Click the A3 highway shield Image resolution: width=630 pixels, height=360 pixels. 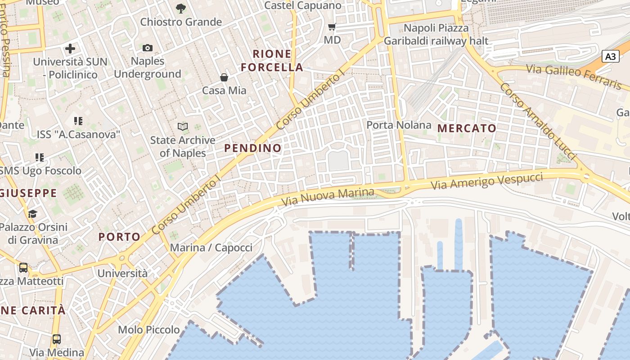click(611, 57)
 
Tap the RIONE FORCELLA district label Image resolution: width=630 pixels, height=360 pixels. click(272, 61)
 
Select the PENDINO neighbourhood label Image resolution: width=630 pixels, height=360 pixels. click(253, 148)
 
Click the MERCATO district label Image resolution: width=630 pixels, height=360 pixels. click(467, 128)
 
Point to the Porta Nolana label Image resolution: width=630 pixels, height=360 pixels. click(399, 125)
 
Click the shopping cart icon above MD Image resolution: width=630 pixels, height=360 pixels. click(332, 27)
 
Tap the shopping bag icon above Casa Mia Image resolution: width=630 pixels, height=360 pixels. click(224, 77)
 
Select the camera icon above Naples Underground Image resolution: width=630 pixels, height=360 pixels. click(148, 48)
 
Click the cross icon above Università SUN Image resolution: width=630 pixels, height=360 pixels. click(70, 49)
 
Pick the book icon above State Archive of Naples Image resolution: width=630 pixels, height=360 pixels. click(183, 126)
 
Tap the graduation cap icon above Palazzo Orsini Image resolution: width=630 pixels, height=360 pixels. click(32, 213)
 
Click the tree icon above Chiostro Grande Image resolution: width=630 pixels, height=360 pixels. click(181, 8)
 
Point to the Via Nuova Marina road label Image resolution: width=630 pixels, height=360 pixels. click(327, 197)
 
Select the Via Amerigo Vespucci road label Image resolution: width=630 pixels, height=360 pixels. click(487, 181)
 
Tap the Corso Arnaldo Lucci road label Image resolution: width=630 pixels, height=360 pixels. click(538, 121)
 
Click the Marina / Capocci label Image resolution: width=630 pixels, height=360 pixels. click(211, 247)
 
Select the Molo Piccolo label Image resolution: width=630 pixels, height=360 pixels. click(149, 330)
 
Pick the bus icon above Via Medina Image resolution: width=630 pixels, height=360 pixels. click(57, 339)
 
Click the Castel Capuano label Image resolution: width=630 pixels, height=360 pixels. click(303, 5)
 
